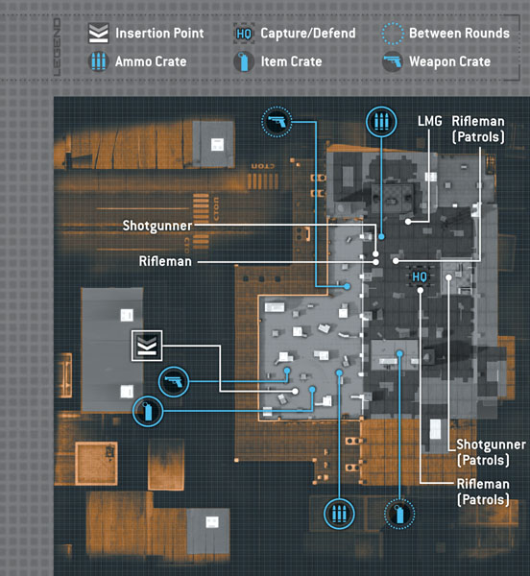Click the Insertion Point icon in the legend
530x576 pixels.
click(99, 33)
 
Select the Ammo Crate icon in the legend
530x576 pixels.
click(99, 61)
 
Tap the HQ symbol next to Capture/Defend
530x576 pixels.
click(244, 34)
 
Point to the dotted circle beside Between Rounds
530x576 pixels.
click(393, 34)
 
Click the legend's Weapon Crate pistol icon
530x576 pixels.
click(393, 61)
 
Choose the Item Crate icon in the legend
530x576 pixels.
click(244, 61)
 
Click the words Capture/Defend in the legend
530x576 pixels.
click(308, 34)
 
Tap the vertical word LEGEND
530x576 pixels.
click(57, 47)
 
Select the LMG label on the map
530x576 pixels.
click(430, 121)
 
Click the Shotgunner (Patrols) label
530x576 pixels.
click(491, 452)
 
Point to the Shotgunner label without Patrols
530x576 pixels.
click(157, 226)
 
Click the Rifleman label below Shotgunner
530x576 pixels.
click(165, 261)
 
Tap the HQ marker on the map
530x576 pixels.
click(420, 276)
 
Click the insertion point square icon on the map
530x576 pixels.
click(147, 346)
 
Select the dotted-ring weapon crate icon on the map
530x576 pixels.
click(277, 122)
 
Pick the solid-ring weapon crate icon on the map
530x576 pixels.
click(174, 382)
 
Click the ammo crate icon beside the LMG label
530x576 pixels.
click(381, 122)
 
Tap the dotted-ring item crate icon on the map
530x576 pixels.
click(399, 514)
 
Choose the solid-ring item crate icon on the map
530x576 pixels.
click(148, 412)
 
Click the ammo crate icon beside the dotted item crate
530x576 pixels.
click(339, 514)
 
